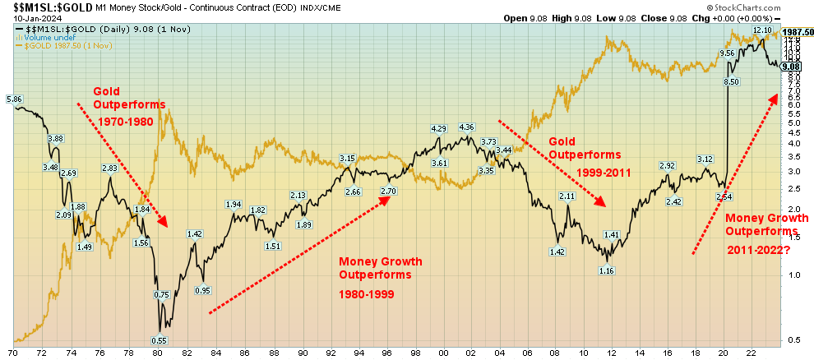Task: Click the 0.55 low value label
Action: tap(161, 340)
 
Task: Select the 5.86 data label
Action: tap(14, 99)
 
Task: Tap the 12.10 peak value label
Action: tap(763, 30)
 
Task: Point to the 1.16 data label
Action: tap(607, 270)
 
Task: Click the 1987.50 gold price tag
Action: tap(797, 32)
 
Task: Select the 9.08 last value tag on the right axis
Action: tap(792, 66)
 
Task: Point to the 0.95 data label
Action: tap(203, 290)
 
